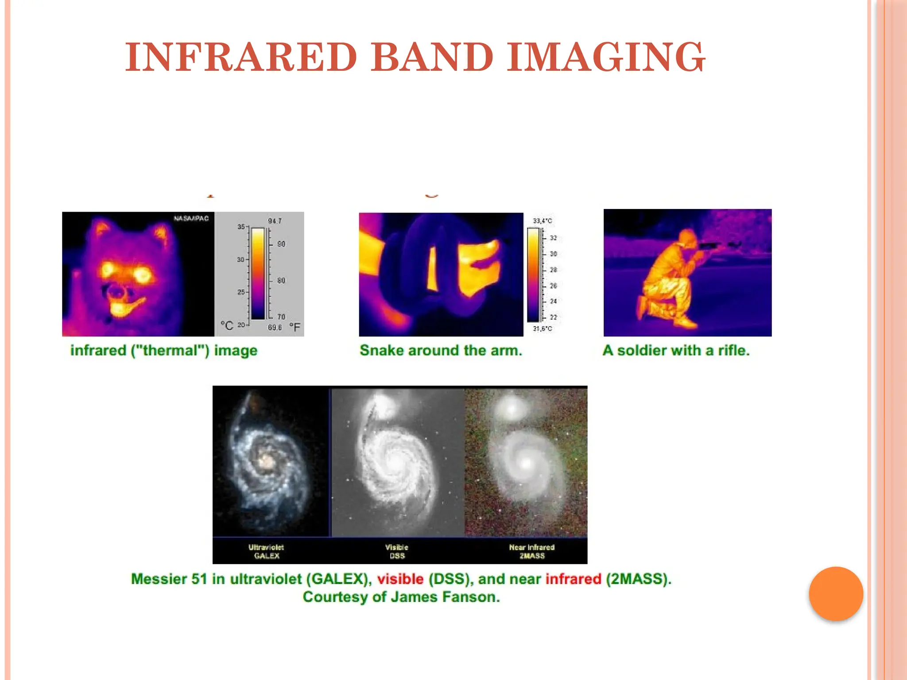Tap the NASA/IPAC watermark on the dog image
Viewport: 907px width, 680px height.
pos(191,218)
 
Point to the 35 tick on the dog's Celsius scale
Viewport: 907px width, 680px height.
pos(241,227)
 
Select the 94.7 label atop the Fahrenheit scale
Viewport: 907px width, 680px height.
pos(275,221)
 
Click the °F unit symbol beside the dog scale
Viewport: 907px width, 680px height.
pos(295,327)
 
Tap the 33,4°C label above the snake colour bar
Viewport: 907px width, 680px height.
pos(543,220)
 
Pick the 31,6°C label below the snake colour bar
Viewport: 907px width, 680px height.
pos(543,328)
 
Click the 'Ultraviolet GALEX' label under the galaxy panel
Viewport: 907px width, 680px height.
pos(266,551)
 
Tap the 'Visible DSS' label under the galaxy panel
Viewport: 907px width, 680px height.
pos(397,551)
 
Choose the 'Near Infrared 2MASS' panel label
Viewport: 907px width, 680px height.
pos(531,551)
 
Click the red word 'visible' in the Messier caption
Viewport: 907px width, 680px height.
pos(400,579)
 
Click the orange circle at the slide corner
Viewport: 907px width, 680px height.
pos(836,594)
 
